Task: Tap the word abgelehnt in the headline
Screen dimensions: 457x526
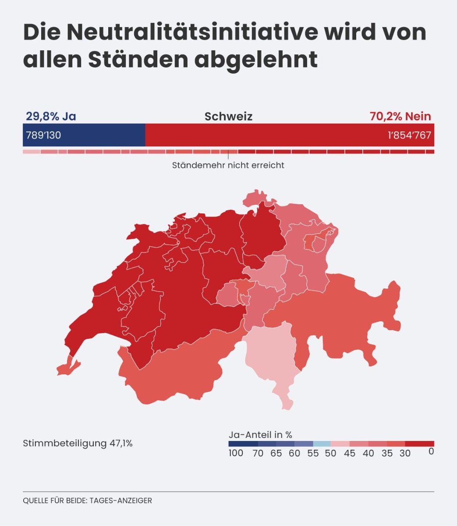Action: pos(256,60)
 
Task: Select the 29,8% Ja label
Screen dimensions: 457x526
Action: pos(51,117)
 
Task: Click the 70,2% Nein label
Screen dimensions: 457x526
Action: pos(400,117)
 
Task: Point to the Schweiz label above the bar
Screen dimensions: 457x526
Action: pos(228,117)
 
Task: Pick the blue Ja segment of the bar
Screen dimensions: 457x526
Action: pos(84,135)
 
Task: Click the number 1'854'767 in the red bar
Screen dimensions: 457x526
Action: pos(409,135)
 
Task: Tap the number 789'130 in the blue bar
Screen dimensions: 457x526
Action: pos(43,135)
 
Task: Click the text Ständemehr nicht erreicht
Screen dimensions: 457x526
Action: pos(228,165)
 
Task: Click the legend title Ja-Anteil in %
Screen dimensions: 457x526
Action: pos(260,435)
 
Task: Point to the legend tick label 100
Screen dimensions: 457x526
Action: pos(236,453)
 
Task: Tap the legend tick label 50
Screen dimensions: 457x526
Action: pos(331,453)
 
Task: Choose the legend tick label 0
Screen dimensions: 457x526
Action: pos(431,451)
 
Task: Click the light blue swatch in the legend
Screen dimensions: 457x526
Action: pos(322,444)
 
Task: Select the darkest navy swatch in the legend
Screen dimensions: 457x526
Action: pos(243,444)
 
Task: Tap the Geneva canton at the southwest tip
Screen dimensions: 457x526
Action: pos(68,366)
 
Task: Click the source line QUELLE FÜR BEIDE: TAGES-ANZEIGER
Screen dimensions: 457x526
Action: pos(87,501)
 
